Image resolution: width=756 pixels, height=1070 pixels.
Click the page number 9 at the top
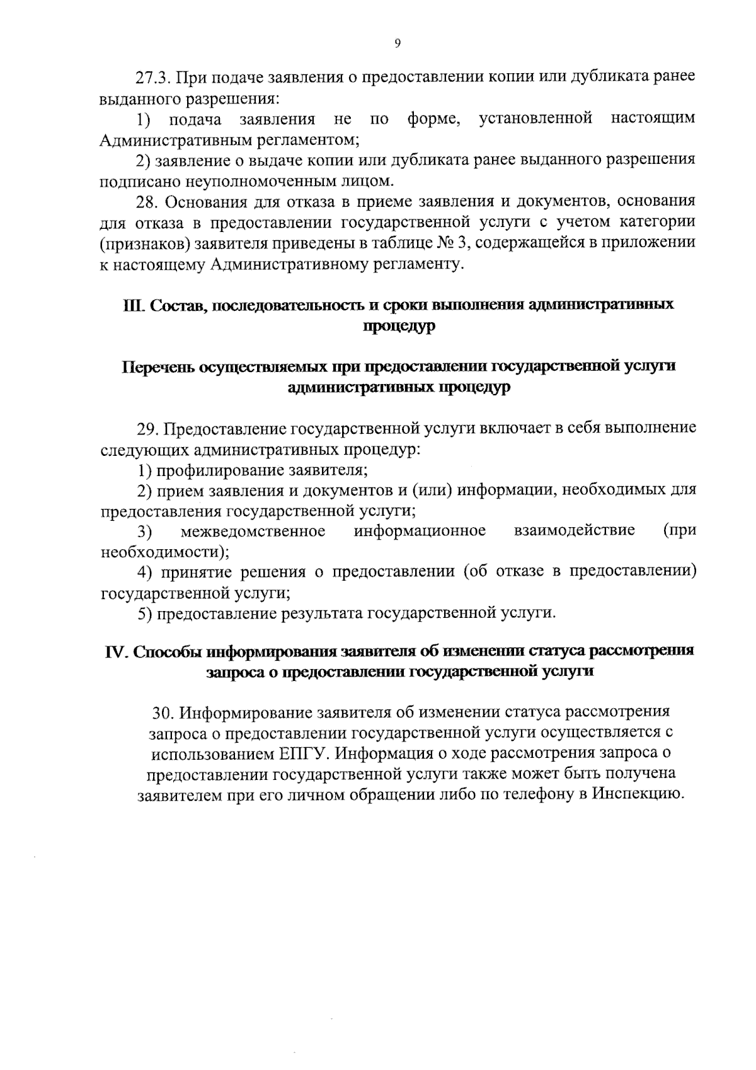[397, 43]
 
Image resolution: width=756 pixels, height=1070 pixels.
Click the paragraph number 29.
[148, 429]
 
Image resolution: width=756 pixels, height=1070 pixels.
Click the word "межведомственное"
[253, 530]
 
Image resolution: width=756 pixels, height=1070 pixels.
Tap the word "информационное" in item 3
[420, 530]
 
